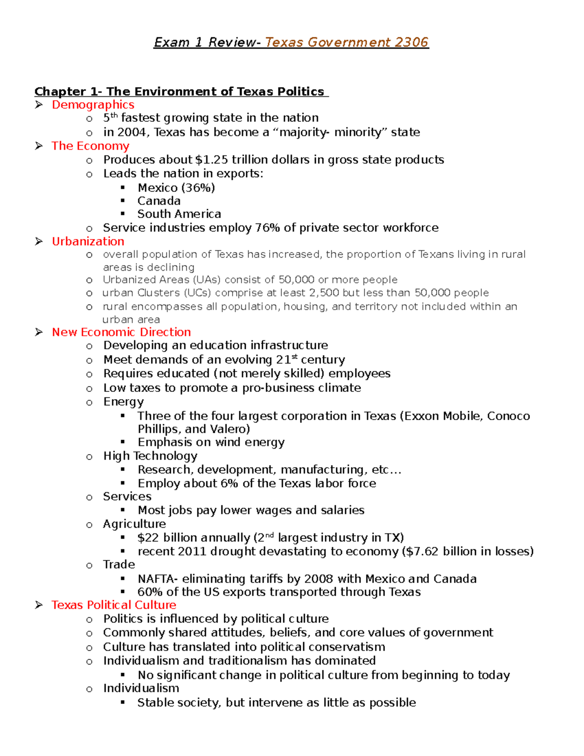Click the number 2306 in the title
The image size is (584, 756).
point(411,42)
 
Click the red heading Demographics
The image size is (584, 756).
point(93,105)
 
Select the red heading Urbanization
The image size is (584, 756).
point(88,241)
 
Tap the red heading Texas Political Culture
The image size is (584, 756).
point(114,605)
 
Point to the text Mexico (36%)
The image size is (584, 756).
point(176,188)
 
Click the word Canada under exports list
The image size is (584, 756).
point(159,201)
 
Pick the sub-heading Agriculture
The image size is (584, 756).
point(134,524)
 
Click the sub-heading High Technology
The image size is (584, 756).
point(150,456)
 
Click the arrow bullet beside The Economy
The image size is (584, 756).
point(39,146)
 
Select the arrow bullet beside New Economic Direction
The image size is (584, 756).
point(39,332)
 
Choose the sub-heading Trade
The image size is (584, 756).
point(119,565)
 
